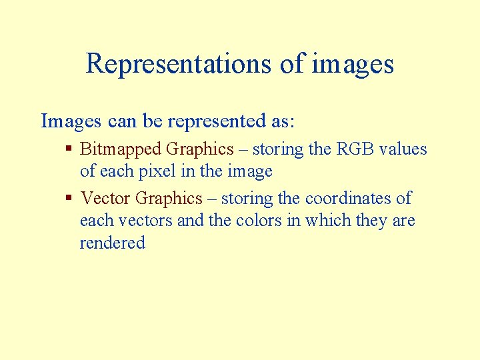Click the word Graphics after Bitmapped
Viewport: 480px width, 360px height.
click(x=199, y=149)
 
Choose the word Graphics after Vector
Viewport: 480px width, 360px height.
click(x=168, y=199)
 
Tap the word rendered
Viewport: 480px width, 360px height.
click(x=112, y=243)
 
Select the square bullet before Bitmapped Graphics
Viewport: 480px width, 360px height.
click(x=69, y=149)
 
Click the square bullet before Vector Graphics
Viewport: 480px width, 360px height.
click(x=69, y=198)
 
